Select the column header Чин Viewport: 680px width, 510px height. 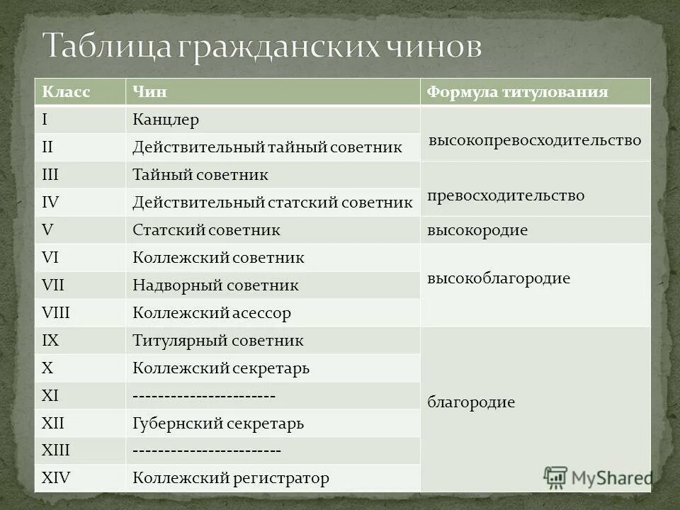point(147,92)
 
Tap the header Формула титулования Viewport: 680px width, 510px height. point(517,92)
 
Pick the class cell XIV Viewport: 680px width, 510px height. point(57,477)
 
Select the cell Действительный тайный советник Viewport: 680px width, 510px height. point(267,147)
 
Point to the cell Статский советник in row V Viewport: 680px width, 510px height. point(207,230)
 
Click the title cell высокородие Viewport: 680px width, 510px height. point(477,230)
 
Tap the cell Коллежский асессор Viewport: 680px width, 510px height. point(212,312)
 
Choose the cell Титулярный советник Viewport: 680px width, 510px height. point(218,340)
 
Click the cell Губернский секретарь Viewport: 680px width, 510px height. point(218,424)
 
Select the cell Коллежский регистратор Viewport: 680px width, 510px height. point(231,478)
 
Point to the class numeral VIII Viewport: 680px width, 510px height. point(57,312)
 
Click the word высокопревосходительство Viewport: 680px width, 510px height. point(535,140)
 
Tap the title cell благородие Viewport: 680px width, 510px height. point(471,403)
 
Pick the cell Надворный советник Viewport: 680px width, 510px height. point(215,285)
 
